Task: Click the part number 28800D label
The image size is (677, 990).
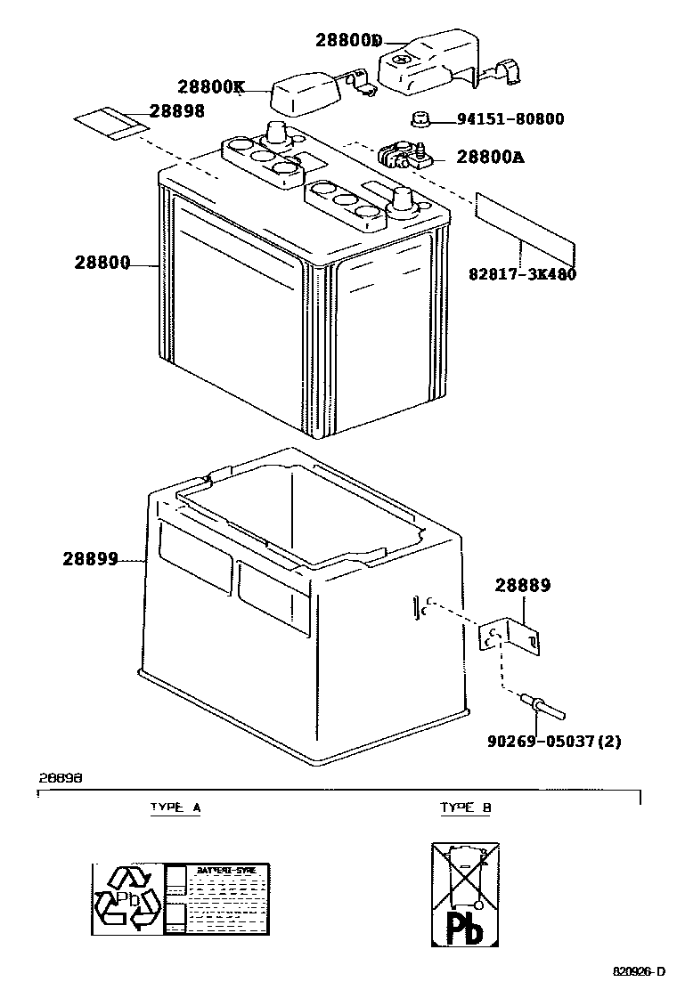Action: [x=348, y=41]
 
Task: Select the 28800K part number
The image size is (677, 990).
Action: [x=210, y=87]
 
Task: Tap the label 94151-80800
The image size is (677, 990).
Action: [x=510, y=118]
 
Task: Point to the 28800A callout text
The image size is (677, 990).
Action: [x=490, y=158]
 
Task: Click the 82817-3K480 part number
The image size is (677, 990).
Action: [x=522, y=274]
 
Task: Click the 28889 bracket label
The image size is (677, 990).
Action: [x=523, y=586]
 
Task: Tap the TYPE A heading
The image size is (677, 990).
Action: [x=175, y=807]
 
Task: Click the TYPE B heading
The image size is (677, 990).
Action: [x=465, y=807]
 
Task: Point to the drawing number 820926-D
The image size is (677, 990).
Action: [x=639, y=970]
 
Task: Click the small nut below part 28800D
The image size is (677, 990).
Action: [x=420, y=119]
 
